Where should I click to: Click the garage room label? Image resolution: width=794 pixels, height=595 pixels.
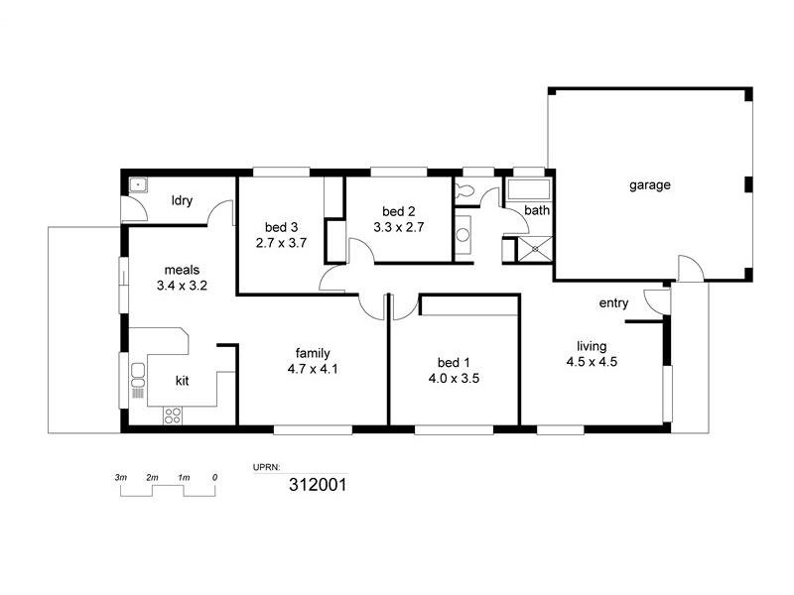(x=650, y=184)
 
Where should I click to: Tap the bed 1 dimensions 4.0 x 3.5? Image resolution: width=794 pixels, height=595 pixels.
(x=454, y=378)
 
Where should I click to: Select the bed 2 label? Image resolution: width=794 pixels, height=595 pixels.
(x=398, y=211)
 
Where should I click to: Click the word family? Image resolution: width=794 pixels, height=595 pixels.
(x=313, y=352)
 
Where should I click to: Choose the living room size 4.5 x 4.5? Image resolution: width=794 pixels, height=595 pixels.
(x=592, y=362)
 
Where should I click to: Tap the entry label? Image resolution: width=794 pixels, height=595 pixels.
(x=613, y=303)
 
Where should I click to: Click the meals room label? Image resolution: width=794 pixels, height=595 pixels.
(x=183, y=269)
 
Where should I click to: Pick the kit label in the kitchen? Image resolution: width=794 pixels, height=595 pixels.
(x=183, y=380)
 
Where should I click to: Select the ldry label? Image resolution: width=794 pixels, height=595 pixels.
(x=182, y=201)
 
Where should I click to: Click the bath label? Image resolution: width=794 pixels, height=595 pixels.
(x=537, y=210)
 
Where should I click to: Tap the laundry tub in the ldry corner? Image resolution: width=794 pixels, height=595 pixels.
(x=138, y=185)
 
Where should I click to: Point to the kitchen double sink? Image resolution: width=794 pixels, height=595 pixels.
(x=138, y=378)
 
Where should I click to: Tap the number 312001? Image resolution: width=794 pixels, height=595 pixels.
(x=317, y=485)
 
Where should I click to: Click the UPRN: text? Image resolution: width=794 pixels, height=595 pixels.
(x=270, y=465)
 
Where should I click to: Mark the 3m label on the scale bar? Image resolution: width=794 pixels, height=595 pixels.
(x=121, y=477)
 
